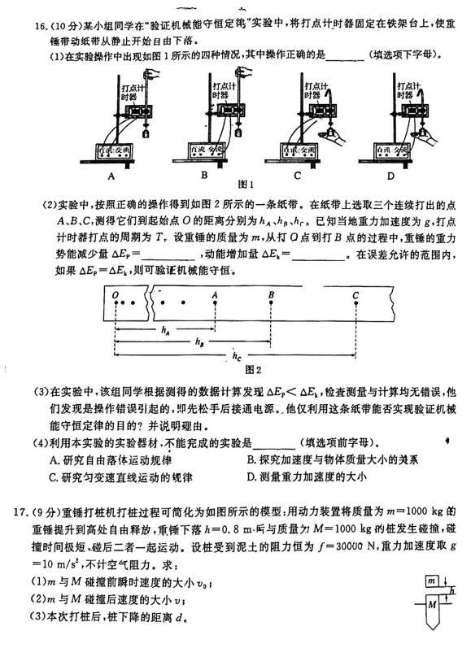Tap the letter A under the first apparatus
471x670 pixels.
coord(111,176)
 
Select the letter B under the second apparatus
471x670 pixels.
coord(204,175)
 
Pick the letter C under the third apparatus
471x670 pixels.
coord(298,175)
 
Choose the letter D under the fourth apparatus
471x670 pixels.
coord(390,176)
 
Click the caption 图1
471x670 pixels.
coord(246,184)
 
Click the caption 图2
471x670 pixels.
coord(253,370)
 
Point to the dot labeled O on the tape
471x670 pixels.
coord(116,302)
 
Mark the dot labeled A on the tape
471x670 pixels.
coord(215,302)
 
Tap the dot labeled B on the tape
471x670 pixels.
coord(271,302)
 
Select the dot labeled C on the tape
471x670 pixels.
coord(356,302)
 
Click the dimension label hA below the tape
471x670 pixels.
coord(166,330)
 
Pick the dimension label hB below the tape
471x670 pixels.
coord(199,342)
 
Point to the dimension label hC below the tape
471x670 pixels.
coord(237,356)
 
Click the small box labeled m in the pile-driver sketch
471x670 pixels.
coord(432,581)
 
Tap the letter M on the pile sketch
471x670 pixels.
coord(432,604)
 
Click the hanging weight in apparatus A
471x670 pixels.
coord(146,132)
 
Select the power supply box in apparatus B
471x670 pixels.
coord(207,150)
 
